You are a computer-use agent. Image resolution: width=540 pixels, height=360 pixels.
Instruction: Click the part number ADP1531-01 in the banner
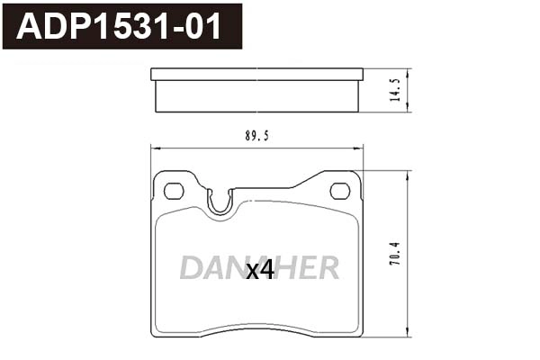pos(118,25)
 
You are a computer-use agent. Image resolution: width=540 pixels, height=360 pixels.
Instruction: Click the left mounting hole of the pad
pos(174,190)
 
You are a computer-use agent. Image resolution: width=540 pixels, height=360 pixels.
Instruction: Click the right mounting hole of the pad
pos(339,190)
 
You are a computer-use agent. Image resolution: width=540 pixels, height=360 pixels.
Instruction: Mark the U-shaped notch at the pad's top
pos(219,203)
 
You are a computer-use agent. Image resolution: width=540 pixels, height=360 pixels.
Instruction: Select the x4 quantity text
pos(259,270)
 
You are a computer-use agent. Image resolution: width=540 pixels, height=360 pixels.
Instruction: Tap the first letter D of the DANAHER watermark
pos(191,267)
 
